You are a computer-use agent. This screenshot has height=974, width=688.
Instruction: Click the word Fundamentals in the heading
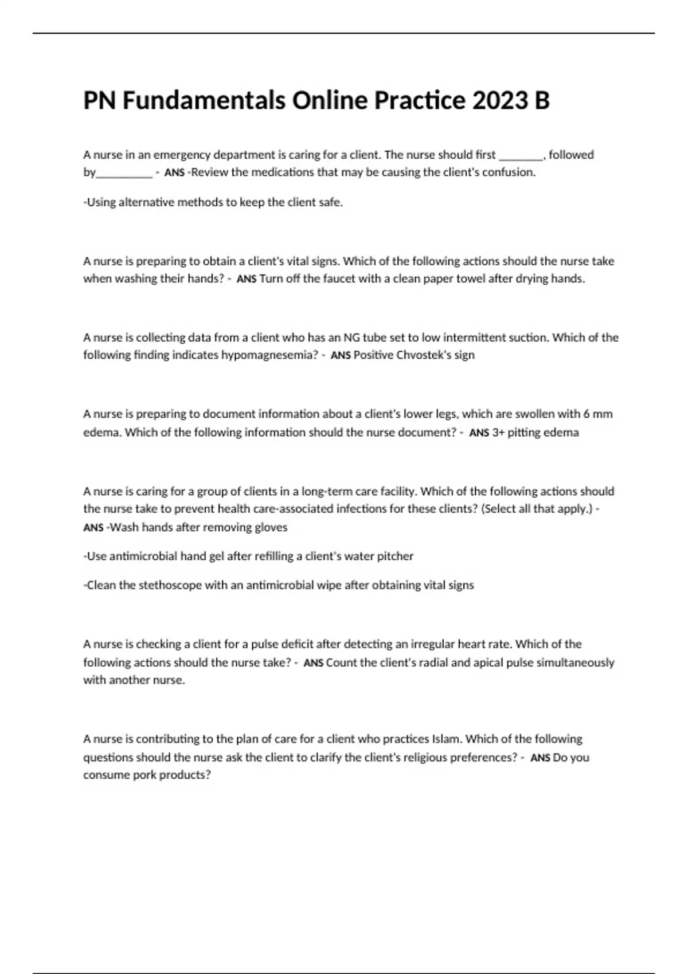tap(204, 101)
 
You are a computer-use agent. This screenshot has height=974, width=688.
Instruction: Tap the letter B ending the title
tap(542, 101)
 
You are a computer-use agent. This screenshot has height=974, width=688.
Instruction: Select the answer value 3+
tap(498, 433)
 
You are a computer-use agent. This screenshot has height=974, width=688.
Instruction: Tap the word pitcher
tap(395, 556)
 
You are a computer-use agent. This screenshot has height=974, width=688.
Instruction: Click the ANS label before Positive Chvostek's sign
tap(341, 356)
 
